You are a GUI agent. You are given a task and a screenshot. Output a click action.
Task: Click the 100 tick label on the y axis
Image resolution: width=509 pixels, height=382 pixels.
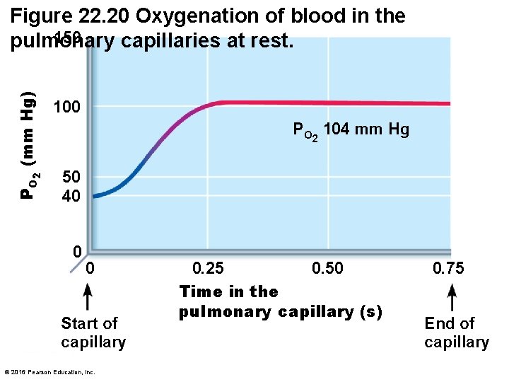tap(67, 108)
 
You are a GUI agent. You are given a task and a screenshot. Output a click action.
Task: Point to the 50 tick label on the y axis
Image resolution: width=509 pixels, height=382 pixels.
tap(71, 177)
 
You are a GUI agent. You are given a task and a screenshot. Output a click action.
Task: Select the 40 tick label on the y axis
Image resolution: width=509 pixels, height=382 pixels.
tap(71, 196)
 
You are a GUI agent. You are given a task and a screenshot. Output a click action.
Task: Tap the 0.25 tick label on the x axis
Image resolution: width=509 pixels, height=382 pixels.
tap(209, 268)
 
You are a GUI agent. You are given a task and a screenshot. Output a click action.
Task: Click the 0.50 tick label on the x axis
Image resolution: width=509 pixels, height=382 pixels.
tap(327, 268)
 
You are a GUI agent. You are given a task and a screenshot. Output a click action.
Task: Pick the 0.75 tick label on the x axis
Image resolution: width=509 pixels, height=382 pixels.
tap(448, 268)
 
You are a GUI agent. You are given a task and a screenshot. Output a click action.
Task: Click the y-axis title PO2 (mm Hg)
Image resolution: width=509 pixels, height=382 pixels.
tap(29, 145)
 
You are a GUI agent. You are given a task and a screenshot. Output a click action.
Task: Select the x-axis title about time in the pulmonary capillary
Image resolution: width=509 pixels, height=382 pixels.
tap(280, 301)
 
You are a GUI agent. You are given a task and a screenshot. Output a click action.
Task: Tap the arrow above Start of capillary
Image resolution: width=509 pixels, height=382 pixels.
tap(87, 296)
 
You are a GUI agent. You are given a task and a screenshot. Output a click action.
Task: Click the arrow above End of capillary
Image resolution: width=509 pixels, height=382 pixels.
tap(453, 296)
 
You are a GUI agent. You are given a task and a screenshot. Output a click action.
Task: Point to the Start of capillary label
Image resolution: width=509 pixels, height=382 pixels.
tap(93, 332)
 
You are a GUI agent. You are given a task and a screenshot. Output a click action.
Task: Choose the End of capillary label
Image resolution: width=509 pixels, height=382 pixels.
tap(456, 332)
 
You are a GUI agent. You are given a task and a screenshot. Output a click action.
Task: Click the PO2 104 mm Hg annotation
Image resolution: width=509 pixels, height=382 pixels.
tap(351, 131)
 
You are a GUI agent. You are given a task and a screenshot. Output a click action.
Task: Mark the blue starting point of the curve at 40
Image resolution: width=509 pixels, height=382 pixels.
tap(95, 196)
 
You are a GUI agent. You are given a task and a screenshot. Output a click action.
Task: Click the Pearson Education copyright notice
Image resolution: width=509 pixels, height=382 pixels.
tap(49, 372)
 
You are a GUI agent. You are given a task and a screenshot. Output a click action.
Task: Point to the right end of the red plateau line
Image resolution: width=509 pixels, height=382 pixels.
tap(448, 104)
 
